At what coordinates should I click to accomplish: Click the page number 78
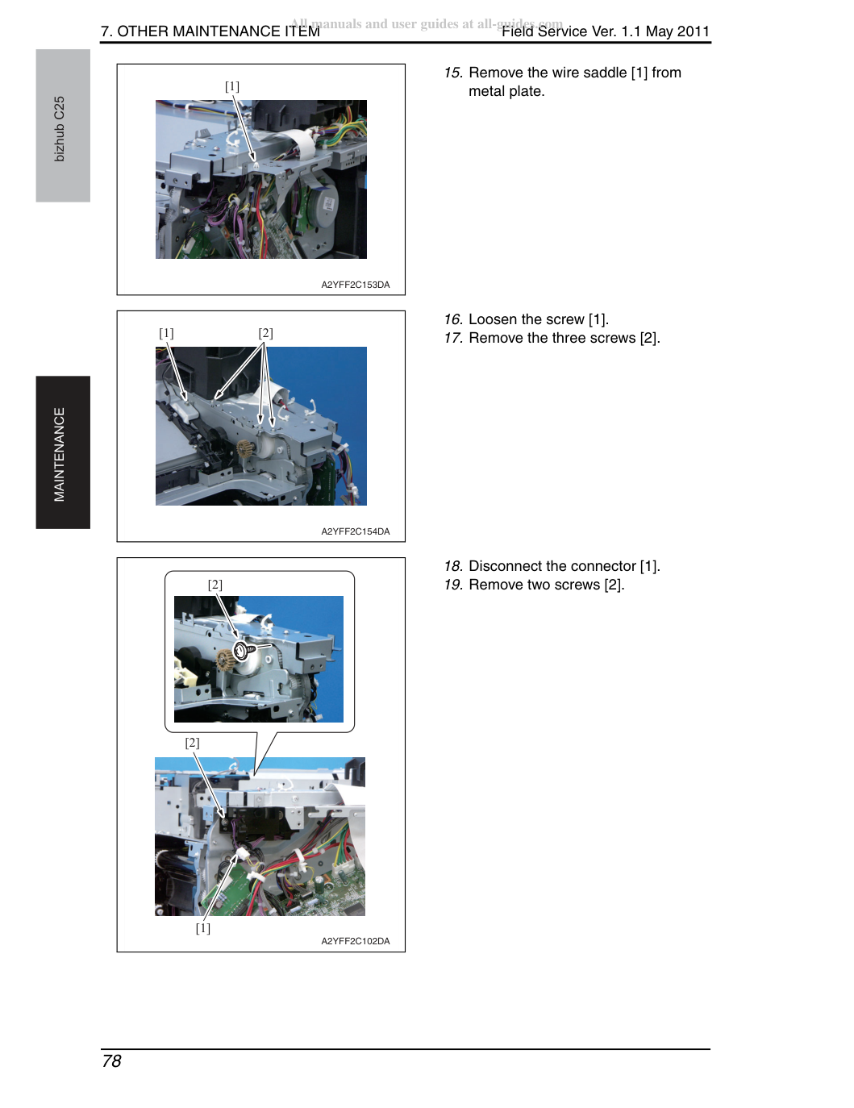point(111,1061)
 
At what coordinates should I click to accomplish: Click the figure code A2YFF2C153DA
point(356,285)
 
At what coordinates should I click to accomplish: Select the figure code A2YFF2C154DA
point(356,531)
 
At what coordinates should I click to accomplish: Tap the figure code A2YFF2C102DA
point(356,941)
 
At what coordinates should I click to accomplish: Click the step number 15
point(453,73)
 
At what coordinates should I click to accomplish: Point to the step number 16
point(453,319)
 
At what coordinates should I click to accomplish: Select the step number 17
point(453,338)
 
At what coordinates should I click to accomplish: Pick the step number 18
point(453,566)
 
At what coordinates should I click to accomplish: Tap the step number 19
point(453,585)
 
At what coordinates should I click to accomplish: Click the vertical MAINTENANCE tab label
point(60,454)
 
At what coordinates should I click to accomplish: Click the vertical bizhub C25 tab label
point(60,128)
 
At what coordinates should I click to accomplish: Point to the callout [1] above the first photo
point(232,86)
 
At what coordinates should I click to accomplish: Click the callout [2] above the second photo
point(265,333)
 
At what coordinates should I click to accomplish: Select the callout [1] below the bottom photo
point(203,927)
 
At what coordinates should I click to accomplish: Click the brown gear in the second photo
point(246,448)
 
